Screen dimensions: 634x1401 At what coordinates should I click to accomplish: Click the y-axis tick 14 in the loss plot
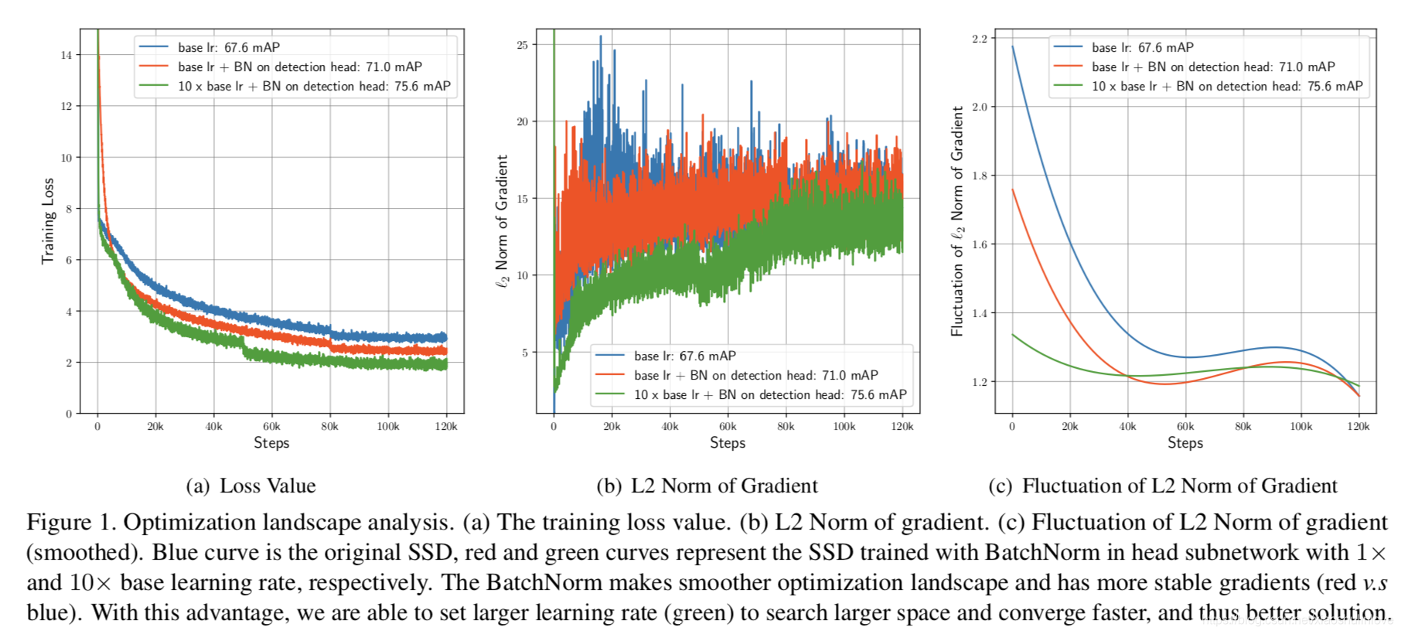(x=66, y=55)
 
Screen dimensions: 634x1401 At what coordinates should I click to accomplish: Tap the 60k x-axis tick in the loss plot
(x=271, y=426)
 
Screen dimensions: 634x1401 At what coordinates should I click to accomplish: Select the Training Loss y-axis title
(x=48, y=221)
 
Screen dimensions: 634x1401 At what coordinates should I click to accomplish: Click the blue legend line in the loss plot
(x=154, y=47)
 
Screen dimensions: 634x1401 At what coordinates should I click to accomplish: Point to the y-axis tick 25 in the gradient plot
(x=523, y=45)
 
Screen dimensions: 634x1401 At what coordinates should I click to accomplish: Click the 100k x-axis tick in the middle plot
(x=844, y=426)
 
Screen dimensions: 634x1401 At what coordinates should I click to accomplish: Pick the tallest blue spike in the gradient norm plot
(x=600, y=37)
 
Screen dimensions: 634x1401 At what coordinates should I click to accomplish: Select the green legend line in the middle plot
(x=609, y=394)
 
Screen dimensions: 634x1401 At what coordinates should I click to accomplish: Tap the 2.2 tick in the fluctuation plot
(x=980, y=38)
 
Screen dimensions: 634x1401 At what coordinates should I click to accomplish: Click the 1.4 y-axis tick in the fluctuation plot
(x=980, y=313)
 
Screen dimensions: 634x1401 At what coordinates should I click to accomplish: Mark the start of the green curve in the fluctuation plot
(x=1013, y=335)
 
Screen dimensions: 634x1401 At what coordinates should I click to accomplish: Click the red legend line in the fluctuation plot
(x=1068, y=66)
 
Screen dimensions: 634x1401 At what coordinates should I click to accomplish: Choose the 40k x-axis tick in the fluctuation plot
(x=1128, y=426)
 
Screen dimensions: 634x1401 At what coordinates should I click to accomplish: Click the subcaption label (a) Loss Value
(x=251, y=486)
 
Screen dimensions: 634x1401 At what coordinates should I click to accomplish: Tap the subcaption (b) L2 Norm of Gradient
(x=707, y=486)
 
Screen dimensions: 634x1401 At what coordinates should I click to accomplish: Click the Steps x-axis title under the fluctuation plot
(x=1185, y=442)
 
